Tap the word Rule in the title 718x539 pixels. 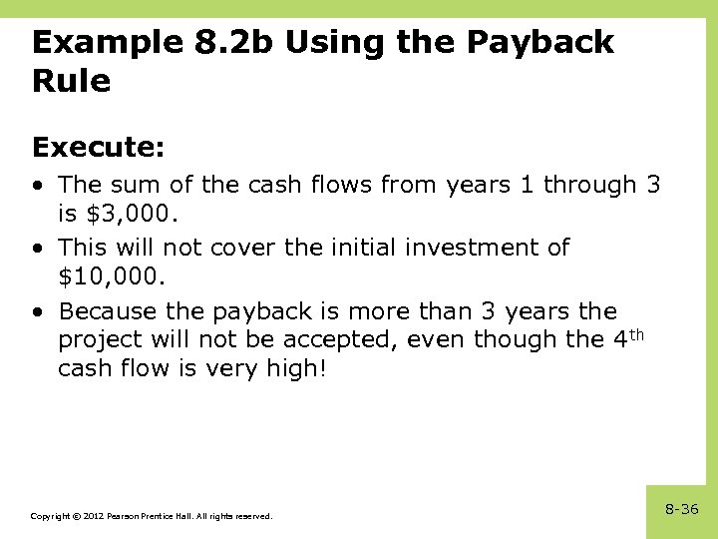tap(71, 81)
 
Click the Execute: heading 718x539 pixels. tap(98, 147)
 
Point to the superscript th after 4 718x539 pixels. tap(639, 333)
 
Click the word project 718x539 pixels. tap(95, 339)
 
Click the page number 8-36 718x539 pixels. tap(682, 509)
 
